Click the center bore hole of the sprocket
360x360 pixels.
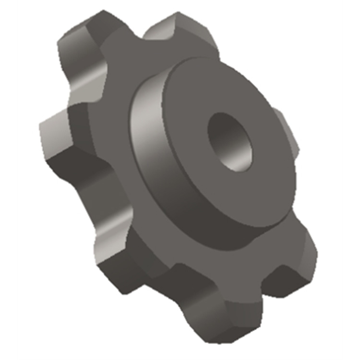point(229,142)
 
